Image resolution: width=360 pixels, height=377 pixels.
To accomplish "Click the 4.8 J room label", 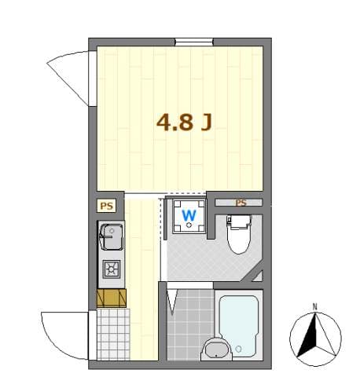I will point(186,123).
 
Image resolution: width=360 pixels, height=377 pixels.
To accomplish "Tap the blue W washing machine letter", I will point(189,214).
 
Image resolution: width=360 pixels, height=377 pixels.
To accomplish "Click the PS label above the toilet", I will point(241,203).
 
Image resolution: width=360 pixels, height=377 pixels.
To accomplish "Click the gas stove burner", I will point(111,270).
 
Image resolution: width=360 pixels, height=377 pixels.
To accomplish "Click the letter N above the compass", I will point(314,306).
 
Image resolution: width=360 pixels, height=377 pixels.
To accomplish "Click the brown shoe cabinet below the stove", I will point(111,298).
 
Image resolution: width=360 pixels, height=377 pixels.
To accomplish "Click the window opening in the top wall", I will point(193,42).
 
